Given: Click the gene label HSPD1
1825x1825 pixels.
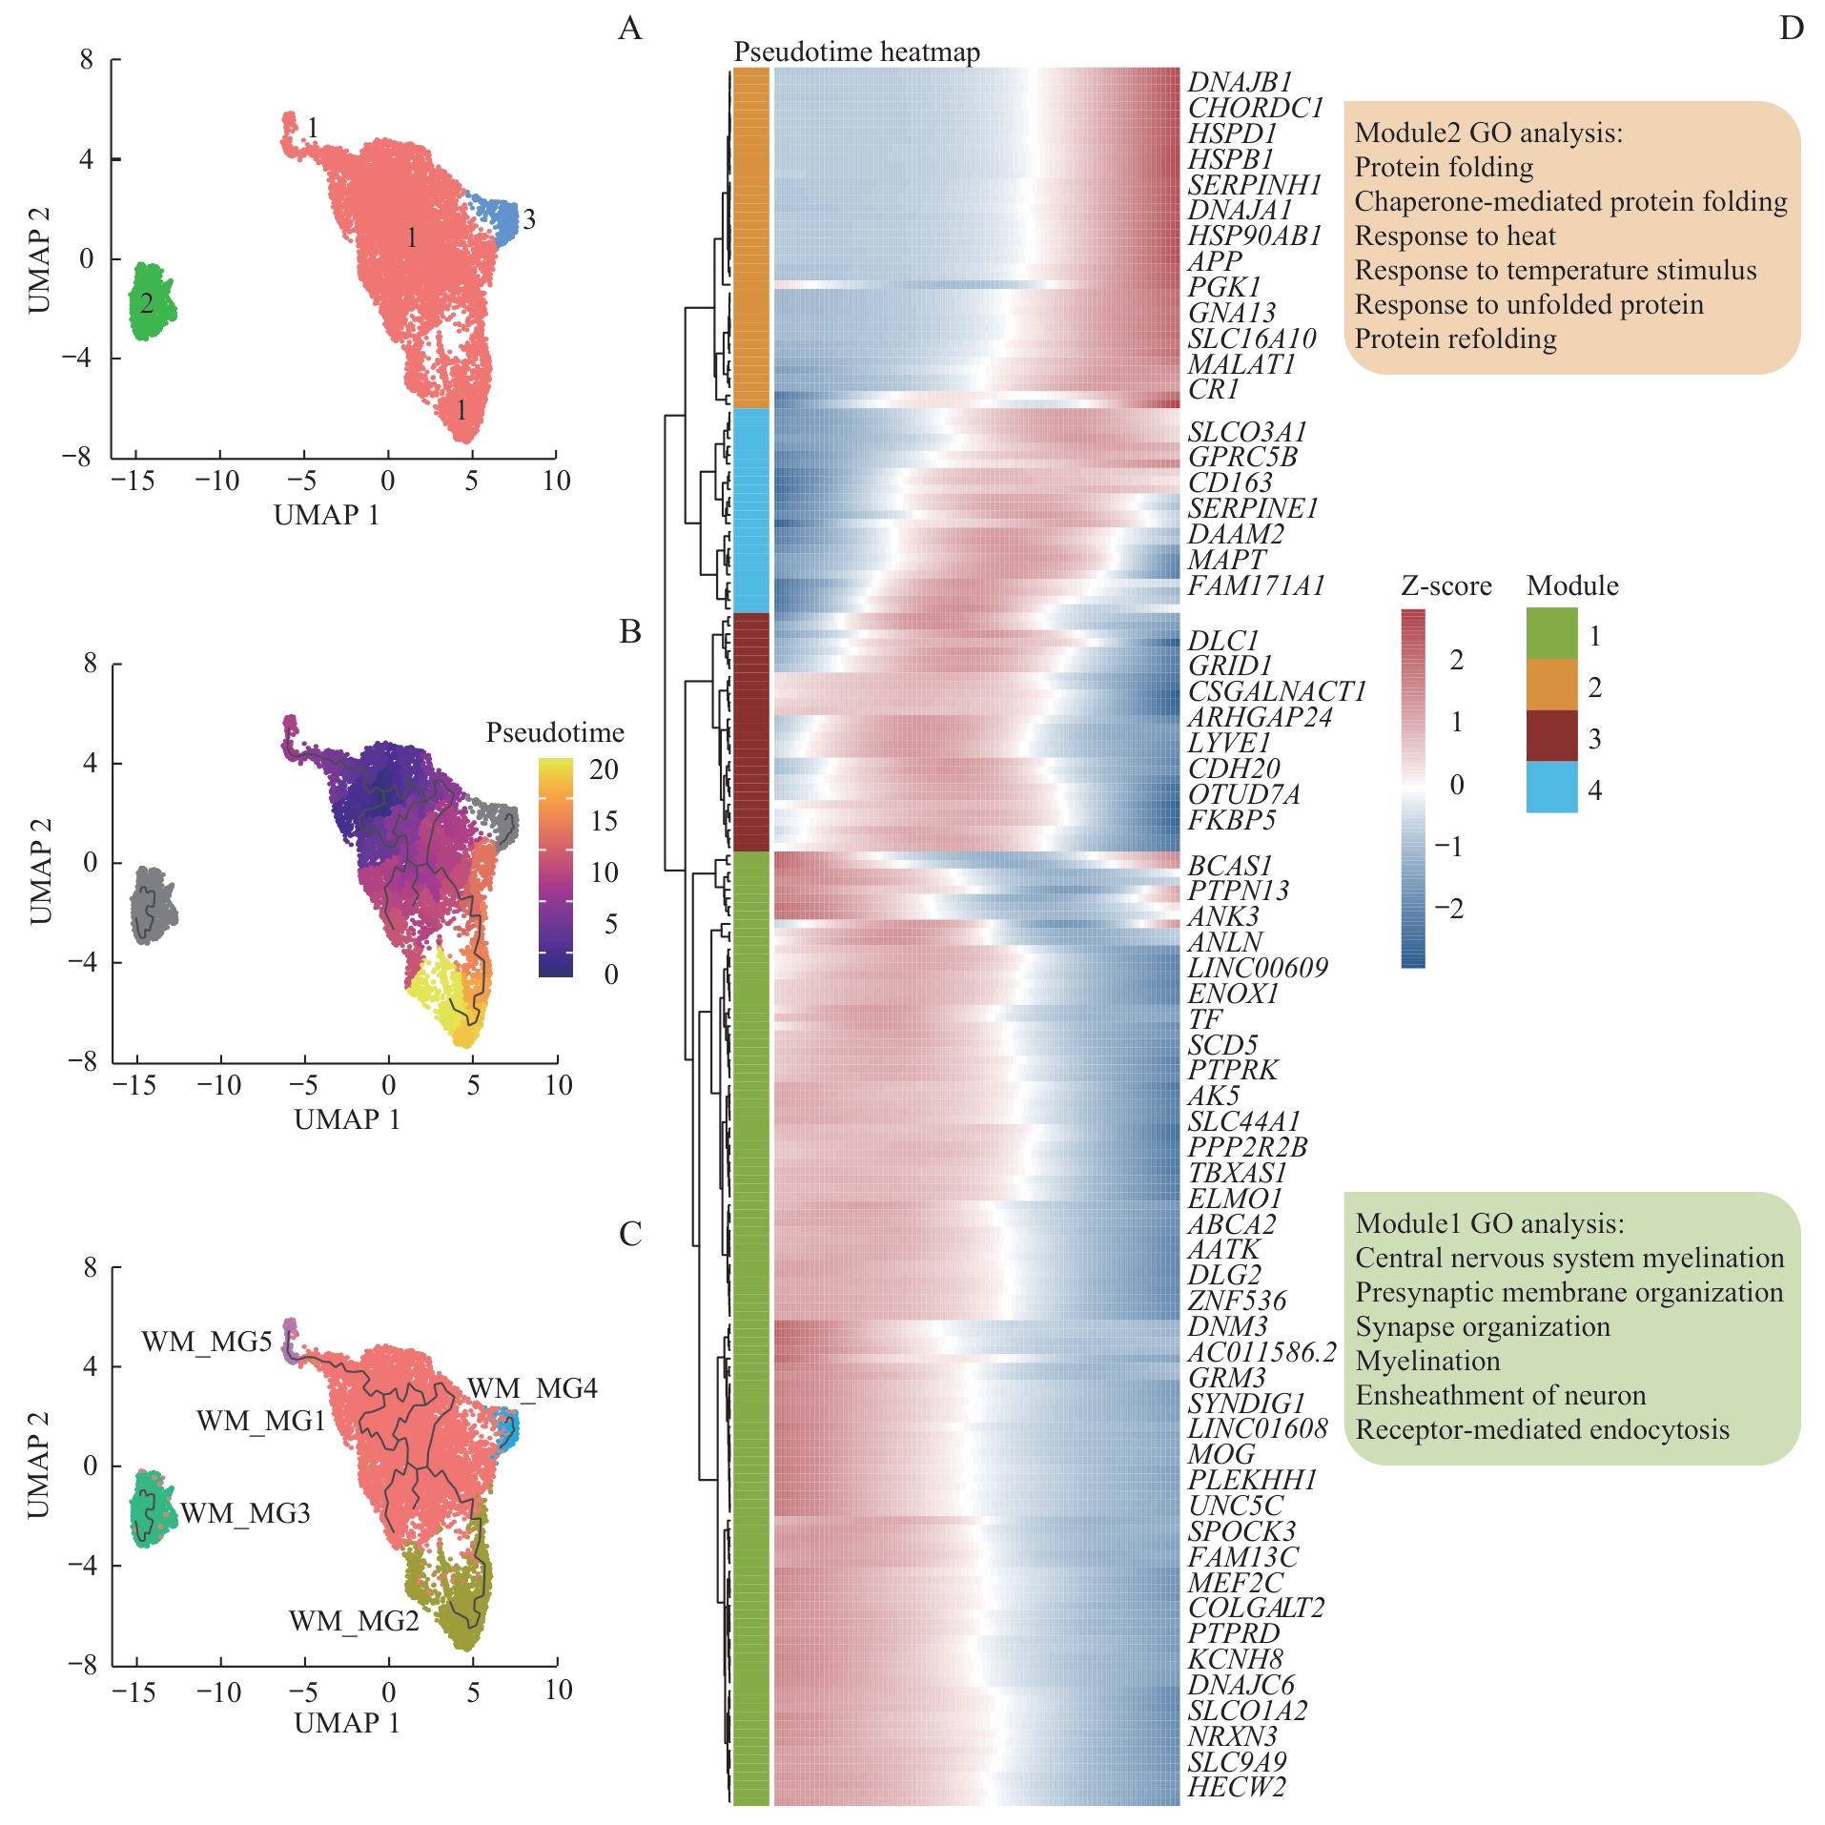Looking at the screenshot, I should [x=1231, y=133].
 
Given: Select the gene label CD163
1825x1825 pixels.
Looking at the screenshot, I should [x=1230, y=482].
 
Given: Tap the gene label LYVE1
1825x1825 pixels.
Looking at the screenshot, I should [x=1229, y=742].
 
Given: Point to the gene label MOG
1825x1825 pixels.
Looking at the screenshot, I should [x=1220, y=1454].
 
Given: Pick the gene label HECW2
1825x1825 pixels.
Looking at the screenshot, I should [x=1236, y=1786].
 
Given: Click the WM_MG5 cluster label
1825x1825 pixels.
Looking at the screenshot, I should [x=206, y=1342].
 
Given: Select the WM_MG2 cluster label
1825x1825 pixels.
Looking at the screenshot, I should [x=354, y=1621].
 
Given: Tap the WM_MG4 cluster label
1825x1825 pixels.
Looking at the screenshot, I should [x=532, y=1388].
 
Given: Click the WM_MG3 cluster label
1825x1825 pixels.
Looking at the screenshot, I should [x=245, y=1513].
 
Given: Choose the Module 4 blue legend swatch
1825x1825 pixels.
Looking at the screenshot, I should [x=1551, y=788].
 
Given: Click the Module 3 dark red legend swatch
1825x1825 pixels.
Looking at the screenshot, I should [x=1551, y=736].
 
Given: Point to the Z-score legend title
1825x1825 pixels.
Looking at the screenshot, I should [x=1446, y=585].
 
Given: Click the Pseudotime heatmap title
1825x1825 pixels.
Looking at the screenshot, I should [x=856, y=51].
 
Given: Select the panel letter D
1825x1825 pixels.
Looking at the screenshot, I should [x=1791, y=29].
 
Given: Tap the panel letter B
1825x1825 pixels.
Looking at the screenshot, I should [x=630, y=631].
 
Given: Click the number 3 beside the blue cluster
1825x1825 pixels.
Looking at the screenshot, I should [x=529, y=220].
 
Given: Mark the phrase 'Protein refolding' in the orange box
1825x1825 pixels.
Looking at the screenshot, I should [x=1455, y=338].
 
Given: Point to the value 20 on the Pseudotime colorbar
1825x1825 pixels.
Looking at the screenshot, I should [x=604, y=769].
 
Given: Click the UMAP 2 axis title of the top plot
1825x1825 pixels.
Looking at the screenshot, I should [x=38, y=258].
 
